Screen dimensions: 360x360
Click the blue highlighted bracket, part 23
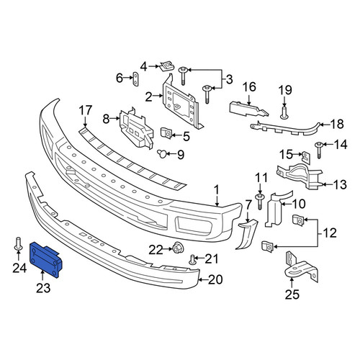(45, 259)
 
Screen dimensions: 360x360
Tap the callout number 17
(86, 111)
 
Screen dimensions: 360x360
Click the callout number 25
(292, 294)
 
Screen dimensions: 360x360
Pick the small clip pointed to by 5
(166, 133)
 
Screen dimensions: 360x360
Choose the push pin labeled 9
(162, 153)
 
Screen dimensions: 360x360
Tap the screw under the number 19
(284, 113)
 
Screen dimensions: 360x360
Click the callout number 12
(330, 233)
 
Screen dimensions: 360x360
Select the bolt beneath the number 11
(260, 202)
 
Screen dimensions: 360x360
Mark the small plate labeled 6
(135, 79)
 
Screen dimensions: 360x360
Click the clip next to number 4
(167, 66)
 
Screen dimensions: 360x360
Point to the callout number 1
(217, 190)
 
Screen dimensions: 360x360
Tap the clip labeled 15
(305, 157)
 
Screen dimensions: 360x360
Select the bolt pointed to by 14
(319, 150)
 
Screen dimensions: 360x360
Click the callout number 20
(215, 279)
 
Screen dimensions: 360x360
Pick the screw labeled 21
(192, 260)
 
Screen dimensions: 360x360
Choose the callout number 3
(230, 79)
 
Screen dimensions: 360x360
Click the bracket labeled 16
(248, 109)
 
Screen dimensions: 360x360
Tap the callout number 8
(106, 119)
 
